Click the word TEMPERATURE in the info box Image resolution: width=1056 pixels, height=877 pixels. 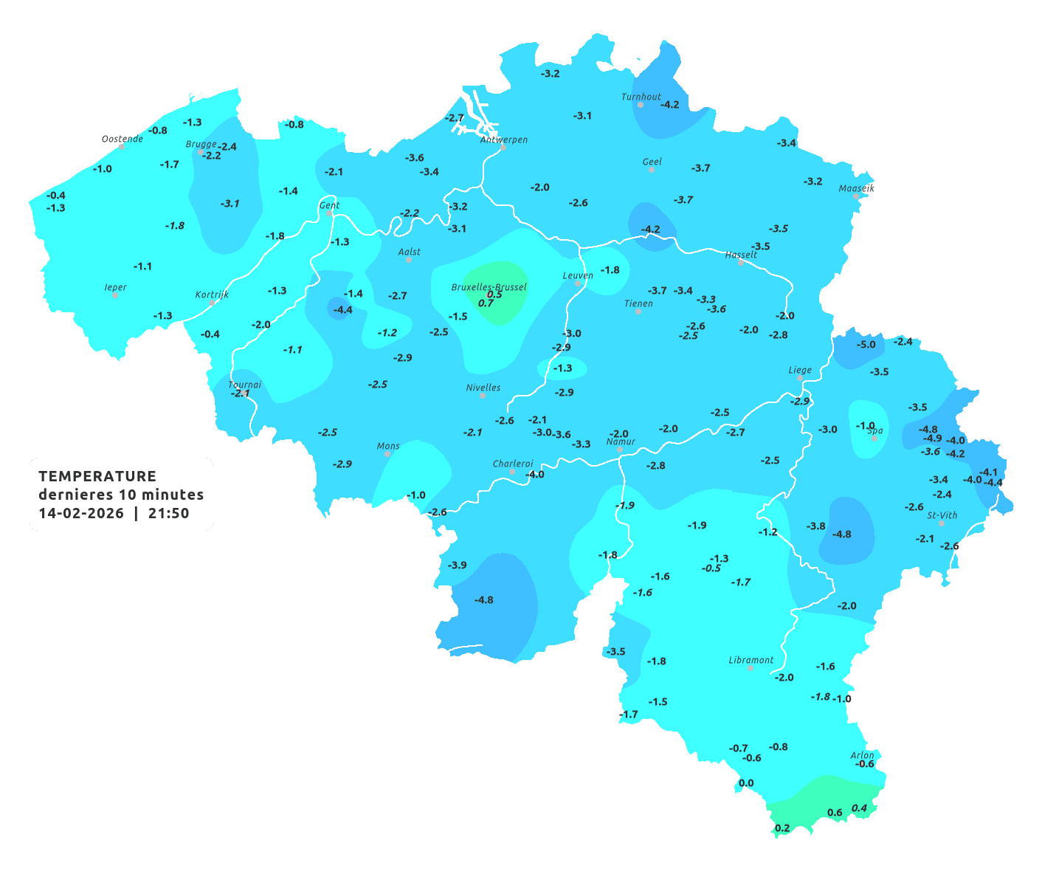[x=97, y=476]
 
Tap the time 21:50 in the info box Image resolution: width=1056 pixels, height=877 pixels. [x=168, y=513]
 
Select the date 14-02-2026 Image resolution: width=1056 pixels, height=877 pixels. [x=81, y=513]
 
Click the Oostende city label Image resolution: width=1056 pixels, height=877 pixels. [x=122, y=139]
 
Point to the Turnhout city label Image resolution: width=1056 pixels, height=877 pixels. [x=641, y=97]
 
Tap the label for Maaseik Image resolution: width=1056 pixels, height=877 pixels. [x=856, y=188]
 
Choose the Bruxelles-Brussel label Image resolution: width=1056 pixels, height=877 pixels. [x=489, y=286]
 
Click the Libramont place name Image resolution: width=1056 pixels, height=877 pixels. [x=750, y=660]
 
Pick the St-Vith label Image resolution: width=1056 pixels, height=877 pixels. [x=942, y=515]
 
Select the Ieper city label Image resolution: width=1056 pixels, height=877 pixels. [x=115, y=287]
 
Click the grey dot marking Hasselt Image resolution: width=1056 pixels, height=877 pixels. [x=741, y=263]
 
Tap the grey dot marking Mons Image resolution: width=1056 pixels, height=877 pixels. [x=387, y=454]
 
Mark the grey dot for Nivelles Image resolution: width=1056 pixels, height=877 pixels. [x=483, y=396]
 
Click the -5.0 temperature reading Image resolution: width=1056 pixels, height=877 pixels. [x=866, y=345]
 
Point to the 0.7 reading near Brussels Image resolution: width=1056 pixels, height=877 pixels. [x=486, y=303]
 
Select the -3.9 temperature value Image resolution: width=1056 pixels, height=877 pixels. [x=457, y=565]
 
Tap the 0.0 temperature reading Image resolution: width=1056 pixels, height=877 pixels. [x=746, y=783]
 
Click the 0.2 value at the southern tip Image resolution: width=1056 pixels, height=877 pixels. [x=782, y=828]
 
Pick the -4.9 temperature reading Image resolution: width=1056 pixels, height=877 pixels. [x=932, y=438]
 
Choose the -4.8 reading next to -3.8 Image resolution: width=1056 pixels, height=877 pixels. [x=841, y=534]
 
